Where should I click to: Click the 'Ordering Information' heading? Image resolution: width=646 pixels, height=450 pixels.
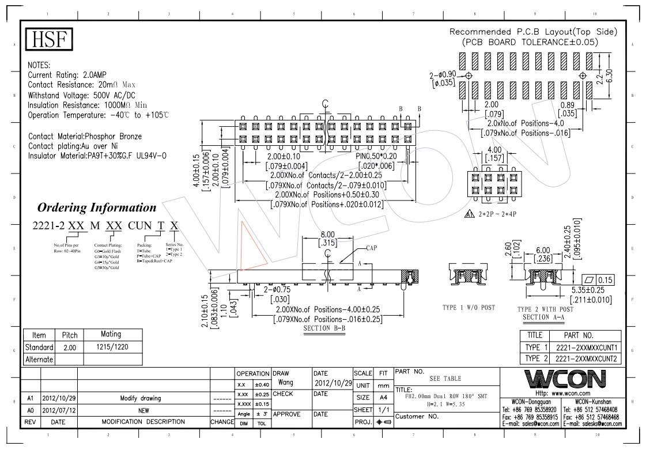pos(97,207)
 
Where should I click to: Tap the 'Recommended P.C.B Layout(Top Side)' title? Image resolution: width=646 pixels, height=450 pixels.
pos(533,32)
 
